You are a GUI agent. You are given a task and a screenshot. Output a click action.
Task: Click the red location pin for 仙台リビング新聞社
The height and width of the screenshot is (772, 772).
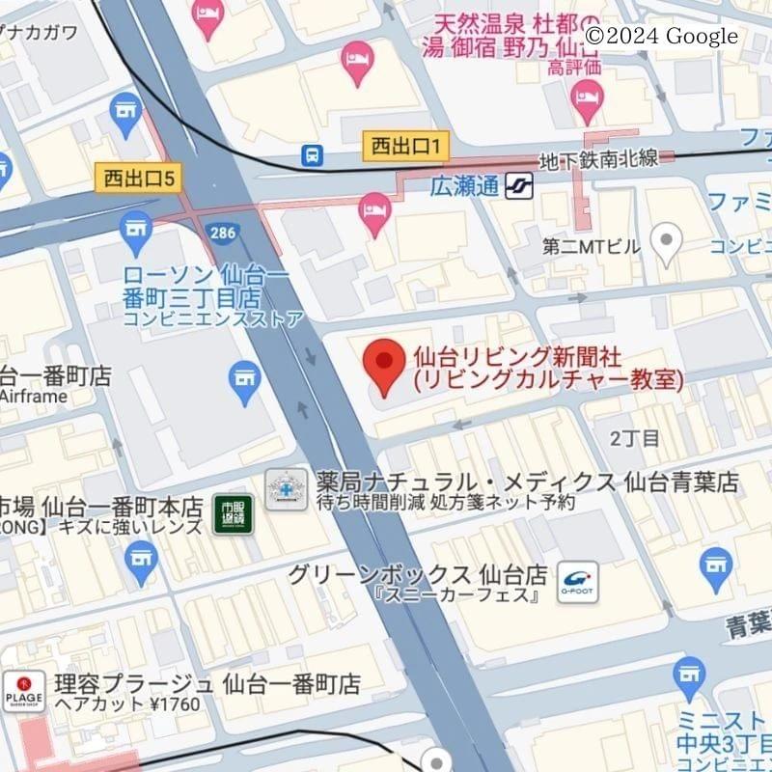point(384,366)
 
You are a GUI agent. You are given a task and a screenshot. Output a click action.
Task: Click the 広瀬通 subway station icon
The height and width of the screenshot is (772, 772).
point(518,184)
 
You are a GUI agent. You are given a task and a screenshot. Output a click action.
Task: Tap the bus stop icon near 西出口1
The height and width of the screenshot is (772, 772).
point(313,154)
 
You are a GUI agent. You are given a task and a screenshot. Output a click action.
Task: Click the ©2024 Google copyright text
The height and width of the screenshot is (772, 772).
point(662,37)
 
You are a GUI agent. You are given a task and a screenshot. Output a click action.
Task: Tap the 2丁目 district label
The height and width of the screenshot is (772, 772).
point(635,438)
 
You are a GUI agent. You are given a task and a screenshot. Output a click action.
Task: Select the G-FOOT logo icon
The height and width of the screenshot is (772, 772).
point(577,580)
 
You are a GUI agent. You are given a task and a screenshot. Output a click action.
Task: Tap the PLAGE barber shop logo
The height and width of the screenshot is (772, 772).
point(23,692)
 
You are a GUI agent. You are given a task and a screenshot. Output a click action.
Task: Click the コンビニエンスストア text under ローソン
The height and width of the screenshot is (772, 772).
point(213,318)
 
